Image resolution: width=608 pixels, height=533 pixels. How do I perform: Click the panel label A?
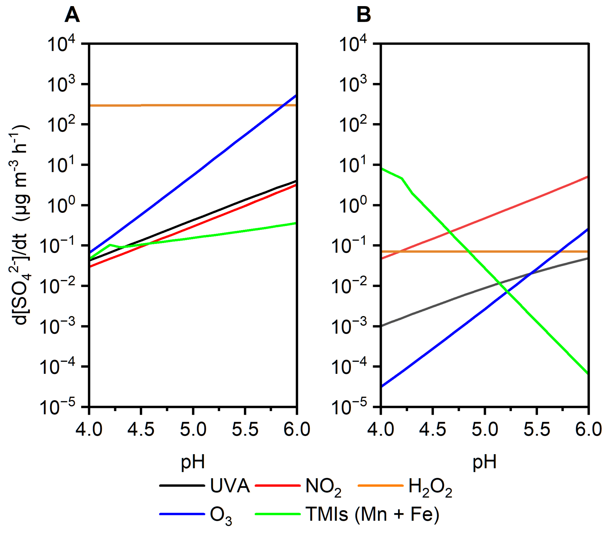click(x=72, y=15)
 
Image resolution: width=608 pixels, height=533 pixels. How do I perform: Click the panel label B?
click(x=363, y=15)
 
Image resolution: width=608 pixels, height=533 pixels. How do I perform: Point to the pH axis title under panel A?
click(x=193, y=462)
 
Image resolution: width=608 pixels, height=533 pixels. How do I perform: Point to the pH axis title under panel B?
click(x=484, y=462)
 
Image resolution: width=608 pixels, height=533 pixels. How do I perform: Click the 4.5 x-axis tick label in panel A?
click(x=141, y=429)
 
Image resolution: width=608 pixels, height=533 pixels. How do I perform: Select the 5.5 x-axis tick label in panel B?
click(x=537, y=429)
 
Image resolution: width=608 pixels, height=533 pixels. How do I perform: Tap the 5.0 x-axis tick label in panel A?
click(x=193, y=429)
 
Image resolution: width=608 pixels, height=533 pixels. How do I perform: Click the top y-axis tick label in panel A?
click(x=61, y=44)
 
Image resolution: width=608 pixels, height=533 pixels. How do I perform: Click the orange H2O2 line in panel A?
click(x=193, y=105)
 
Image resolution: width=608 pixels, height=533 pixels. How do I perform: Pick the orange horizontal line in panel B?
click(x=514, y=251)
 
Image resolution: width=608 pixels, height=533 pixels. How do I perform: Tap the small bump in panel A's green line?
click(x=110, y=245)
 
